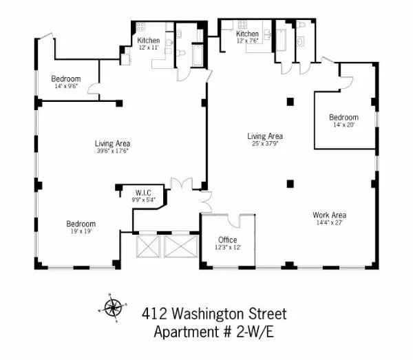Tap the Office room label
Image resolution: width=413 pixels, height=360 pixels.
tap(227, 240)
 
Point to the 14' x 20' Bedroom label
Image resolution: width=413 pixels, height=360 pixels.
tap(343, 117)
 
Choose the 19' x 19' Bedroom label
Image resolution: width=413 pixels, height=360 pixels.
tap(81, 224)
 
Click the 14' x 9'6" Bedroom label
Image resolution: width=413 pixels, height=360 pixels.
tap(67, 78)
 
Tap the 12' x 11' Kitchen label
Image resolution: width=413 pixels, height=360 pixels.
tap(148, 41)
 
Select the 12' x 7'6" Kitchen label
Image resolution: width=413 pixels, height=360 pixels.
tap(247, 34)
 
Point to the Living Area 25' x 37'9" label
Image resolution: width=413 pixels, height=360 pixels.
tap(265, 136)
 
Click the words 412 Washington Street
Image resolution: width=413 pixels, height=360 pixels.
tap(213, 315)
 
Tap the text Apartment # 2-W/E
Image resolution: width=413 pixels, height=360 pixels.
tap(213, 332)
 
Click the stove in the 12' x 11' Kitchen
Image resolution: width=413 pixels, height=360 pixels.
tap(141, 28)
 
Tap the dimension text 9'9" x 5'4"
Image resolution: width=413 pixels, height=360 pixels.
tap(143, 200)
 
